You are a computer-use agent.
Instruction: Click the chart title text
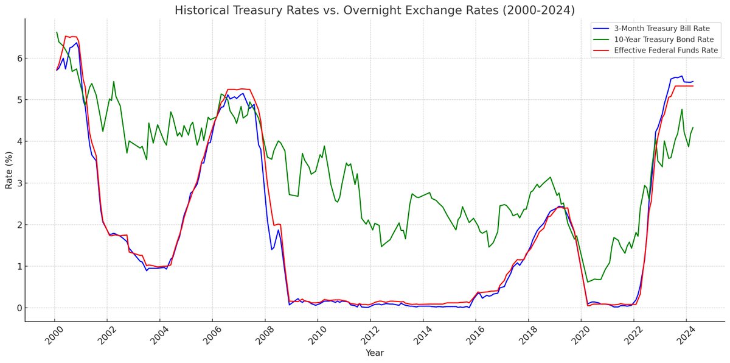374,10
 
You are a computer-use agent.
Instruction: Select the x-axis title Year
374,353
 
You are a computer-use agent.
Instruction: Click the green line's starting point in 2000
57,32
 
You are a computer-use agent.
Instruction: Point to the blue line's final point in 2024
693,82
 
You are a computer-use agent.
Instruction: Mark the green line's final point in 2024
693,128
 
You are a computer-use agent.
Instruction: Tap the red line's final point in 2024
693,86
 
